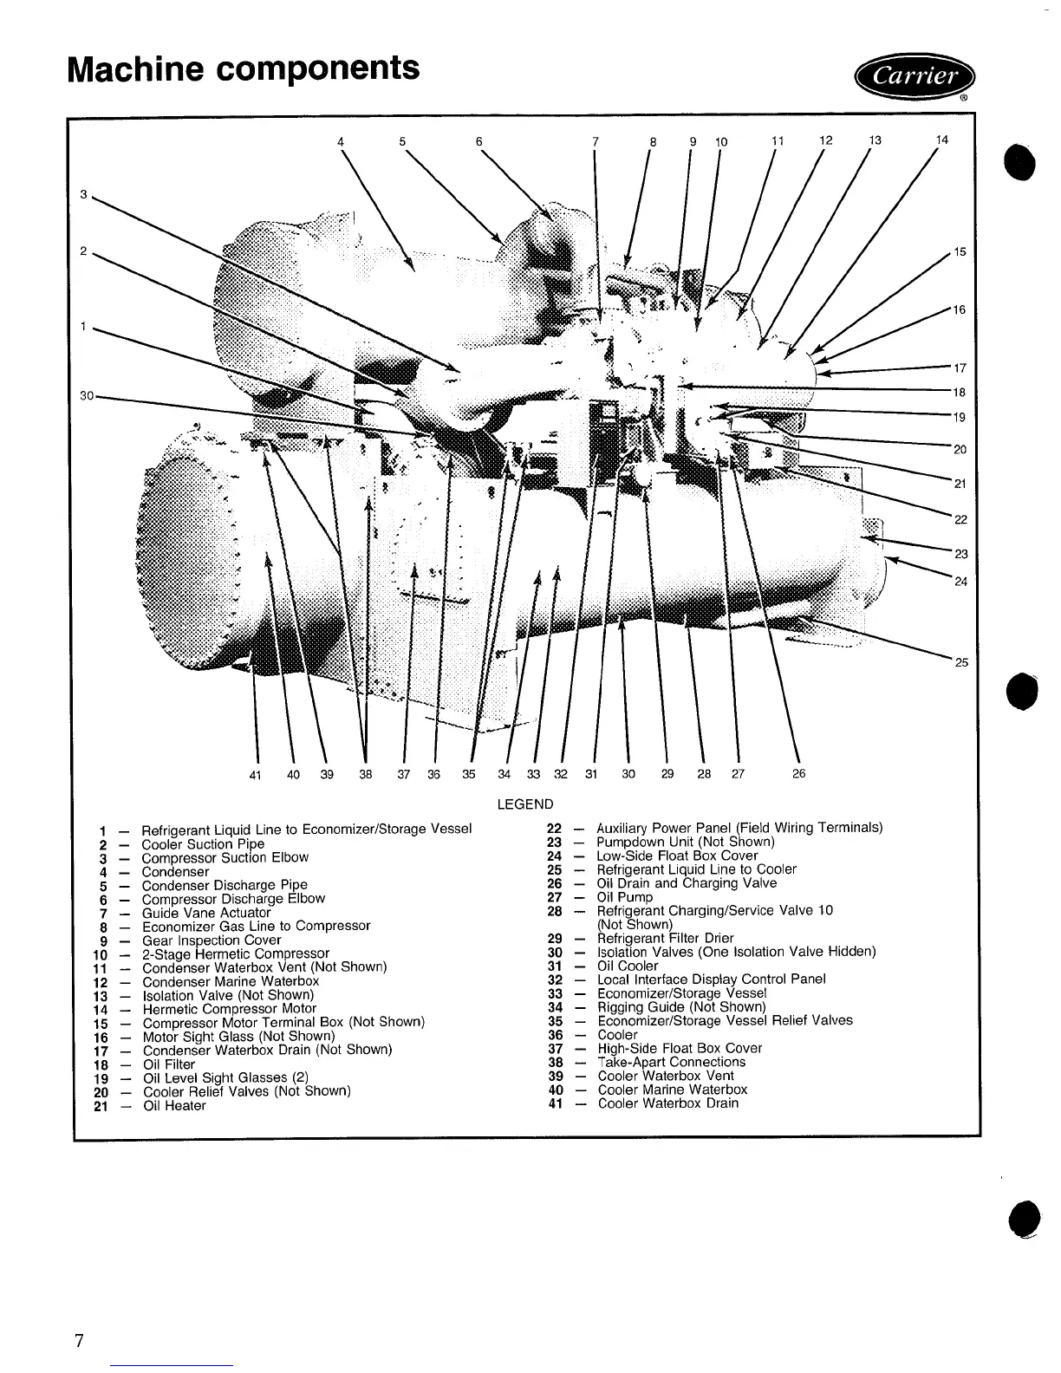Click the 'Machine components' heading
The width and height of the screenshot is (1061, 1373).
pyautogui.click(x=244, y=67)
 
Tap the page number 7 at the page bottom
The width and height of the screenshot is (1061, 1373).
pyautogui.click(x=79, y=1341)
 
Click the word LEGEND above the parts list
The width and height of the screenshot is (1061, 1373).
pyautogui.click(x=524, y=804)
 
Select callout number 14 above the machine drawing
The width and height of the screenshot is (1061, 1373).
pyautogui.click(x=941, y=140)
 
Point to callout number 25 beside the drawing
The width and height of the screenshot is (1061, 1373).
pyautogui.click(x=961, y=663)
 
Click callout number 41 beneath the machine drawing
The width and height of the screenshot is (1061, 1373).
pyautogui.click(x=255, y=775)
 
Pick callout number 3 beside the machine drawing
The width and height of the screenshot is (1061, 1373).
pyautogui.click(x=83, y=195)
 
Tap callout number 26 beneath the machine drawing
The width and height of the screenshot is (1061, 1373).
pyautogui.click(x=798, y=774)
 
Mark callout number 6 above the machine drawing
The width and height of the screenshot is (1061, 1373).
pyautogui.click(x=478, y=141)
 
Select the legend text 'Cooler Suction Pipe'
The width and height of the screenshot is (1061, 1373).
pyautogui.click(x=203, y=843)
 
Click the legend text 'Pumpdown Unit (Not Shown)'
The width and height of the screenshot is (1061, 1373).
pyautogui.click(x=685, y=842)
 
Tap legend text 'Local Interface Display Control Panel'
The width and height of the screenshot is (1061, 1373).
pyautogui.click(x=711, y=979)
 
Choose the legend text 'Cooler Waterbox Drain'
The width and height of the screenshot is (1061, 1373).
pyautogui.click(x=667, y=1103)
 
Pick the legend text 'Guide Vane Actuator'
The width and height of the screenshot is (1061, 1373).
pyautogui.click(x=205, y=913)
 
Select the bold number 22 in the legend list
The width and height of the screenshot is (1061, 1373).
pyautogui.click(x=555, y=828)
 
